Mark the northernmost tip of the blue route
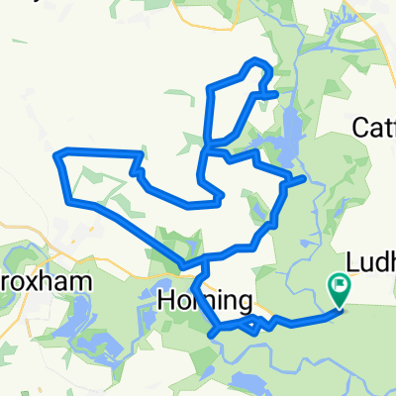256,60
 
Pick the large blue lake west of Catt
293,134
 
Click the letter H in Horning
167,303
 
